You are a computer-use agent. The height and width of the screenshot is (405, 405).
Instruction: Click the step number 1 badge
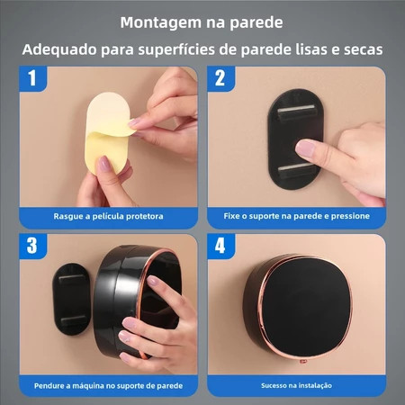pyautogui.click(x=33, y=78)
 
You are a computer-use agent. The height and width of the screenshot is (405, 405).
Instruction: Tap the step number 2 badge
pyautogui.click(x=220, y=78)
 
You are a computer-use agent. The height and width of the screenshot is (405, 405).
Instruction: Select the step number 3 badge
pyautogui.click(x=33, y=246)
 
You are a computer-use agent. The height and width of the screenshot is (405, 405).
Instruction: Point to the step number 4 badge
pyautogui.click(x=220, y=246)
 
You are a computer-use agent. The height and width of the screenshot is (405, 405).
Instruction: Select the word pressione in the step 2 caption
pyautogui.click(x=350, y=216)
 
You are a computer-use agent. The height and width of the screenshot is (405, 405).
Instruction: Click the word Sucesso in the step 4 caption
pyautogui.click(x=273, y=385)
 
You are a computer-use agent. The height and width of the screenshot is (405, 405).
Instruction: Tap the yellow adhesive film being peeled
pyautogui.click(x=108, y=132)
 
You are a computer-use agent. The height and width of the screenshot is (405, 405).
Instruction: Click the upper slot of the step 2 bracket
pyautogui.click(x=296, y=112)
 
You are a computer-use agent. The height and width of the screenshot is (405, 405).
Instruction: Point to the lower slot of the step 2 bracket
pyautogui.click(x=296, y=171)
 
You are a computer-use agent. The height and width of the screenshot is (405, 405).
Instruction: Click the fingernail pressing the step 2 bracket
pyautogui.click(x=305, y=148)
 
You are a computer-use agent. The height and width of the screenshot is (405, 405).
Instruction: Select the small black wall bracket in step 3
pyautogui.click(x=72, y=299)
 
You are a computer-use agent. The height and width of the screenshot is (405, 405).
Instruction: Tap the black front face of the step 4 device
pyautogui.click(x=305, y=308)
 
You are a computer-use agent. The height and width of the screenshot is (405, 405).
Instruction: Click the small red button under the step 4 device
pyautogui.click(x=302, y=362)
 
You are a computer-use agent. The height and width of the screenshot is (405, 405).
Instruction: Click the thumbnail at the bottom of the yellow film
pyautogui.click(x=103, y=164)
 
